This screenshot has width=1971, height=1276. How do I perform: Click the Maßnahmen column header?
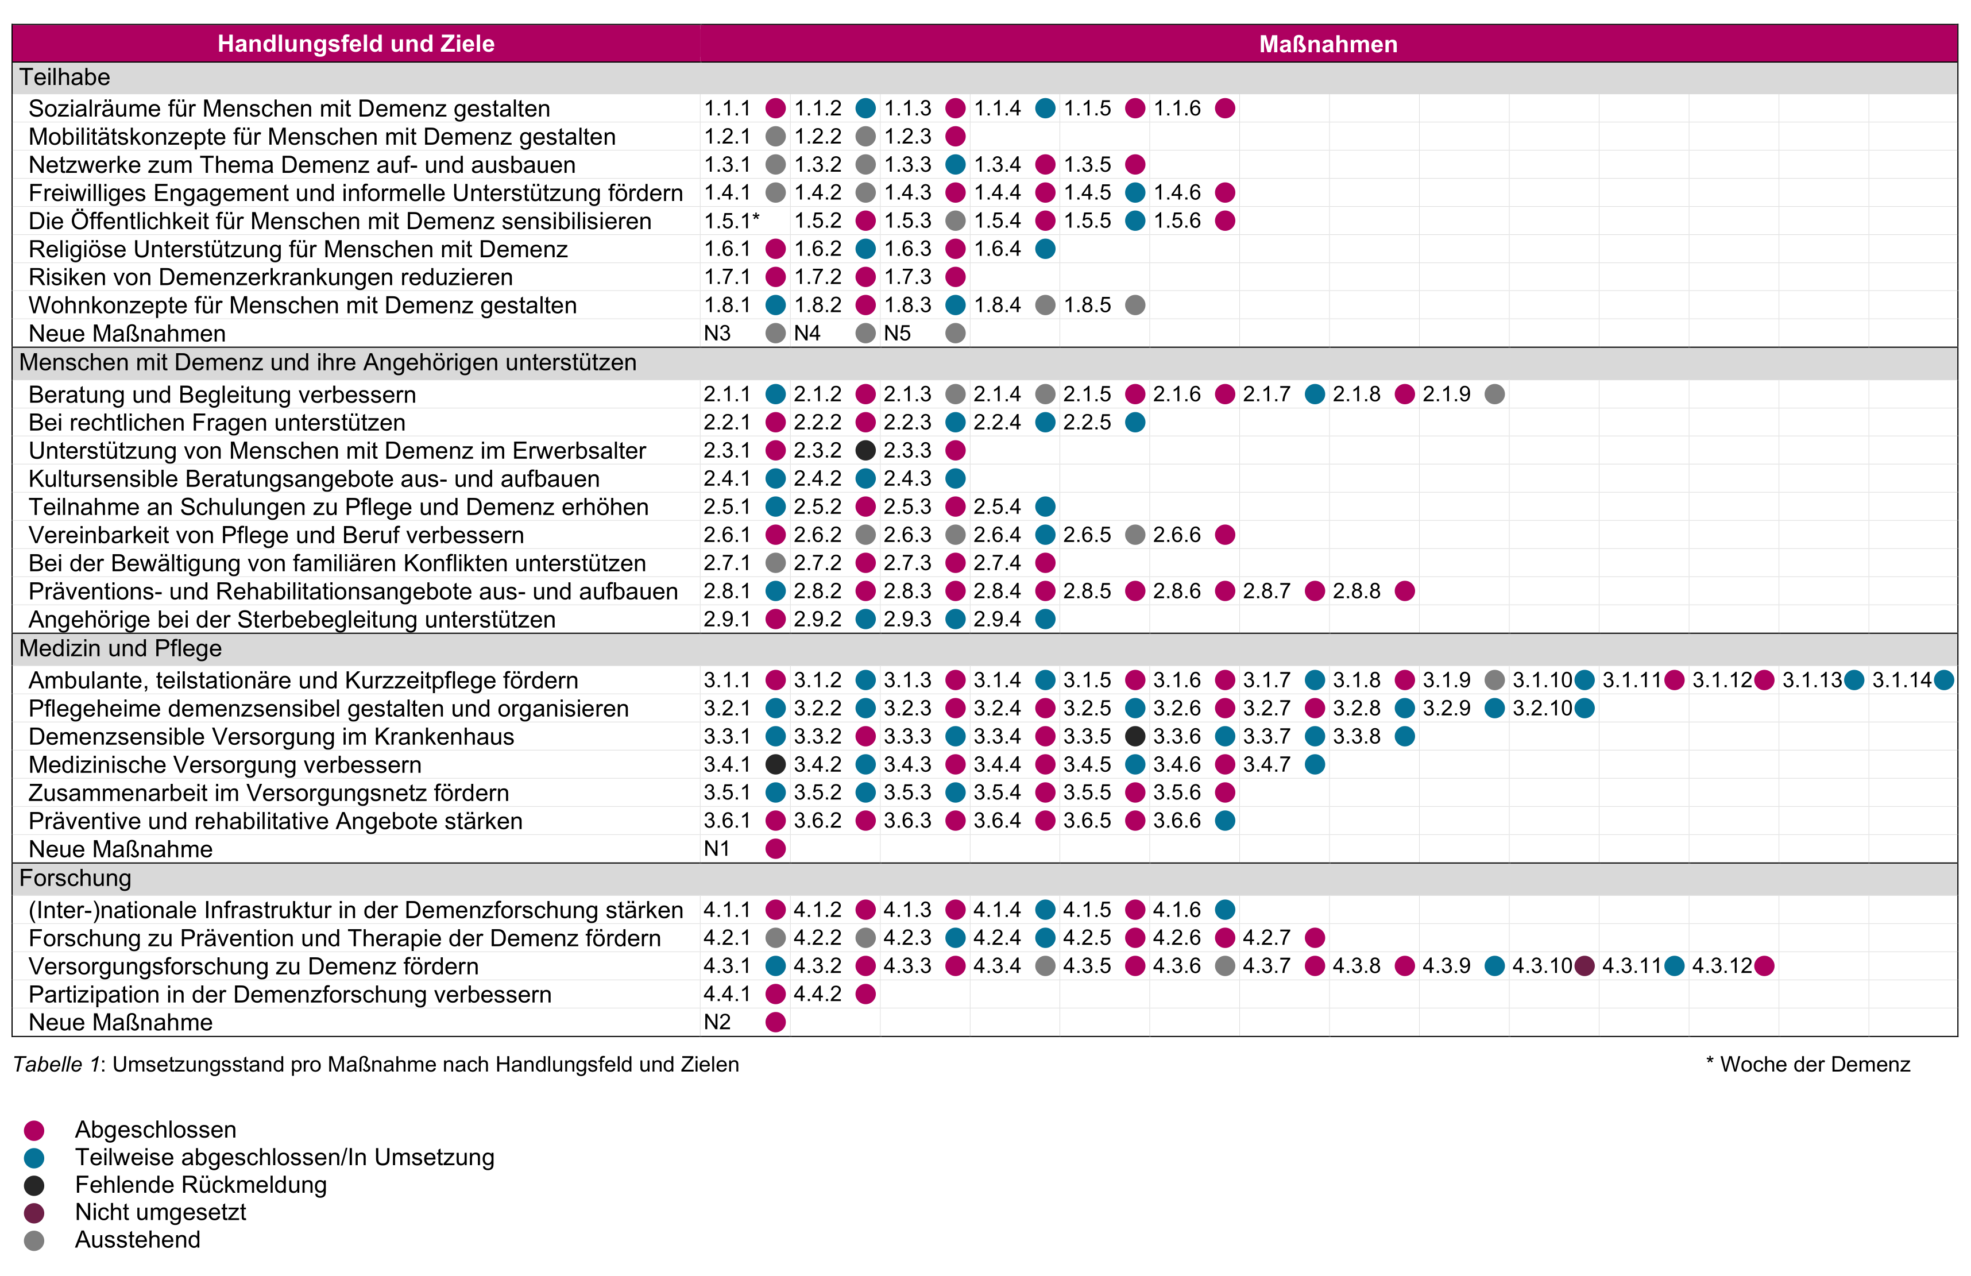1328,44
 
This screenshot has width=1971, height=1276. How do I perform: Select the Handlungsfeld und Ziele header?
355,44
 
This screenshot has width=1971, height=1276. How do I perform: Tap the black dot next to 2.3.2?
865,450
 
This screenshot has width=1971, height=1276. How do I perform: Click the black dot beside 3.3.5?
1135,736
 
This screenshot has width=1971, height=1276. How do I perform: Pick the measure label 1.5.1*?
731,221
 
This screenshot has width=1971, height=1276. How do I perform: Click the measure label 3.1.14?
1902,680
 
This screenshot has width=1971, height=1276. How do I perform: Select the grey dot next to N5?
956,333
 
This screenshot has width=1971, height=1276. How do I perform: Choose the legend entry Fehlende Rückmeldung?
200,1184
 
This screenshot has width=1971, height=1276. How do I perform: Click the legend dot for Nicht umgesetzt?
34,1213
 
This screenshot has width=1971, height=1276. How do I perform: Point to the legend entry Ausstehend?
137,1240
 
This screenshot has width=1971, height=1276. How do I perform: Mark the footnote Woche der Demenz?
1814,1064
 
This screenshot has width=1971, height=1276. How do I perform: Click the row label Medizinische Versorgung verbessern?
225,764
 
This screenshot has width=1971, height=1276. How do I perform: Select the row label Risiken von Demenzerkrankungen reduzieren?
270,277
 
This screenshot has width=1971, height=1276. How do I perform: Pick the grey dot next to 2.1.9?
1495,394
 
